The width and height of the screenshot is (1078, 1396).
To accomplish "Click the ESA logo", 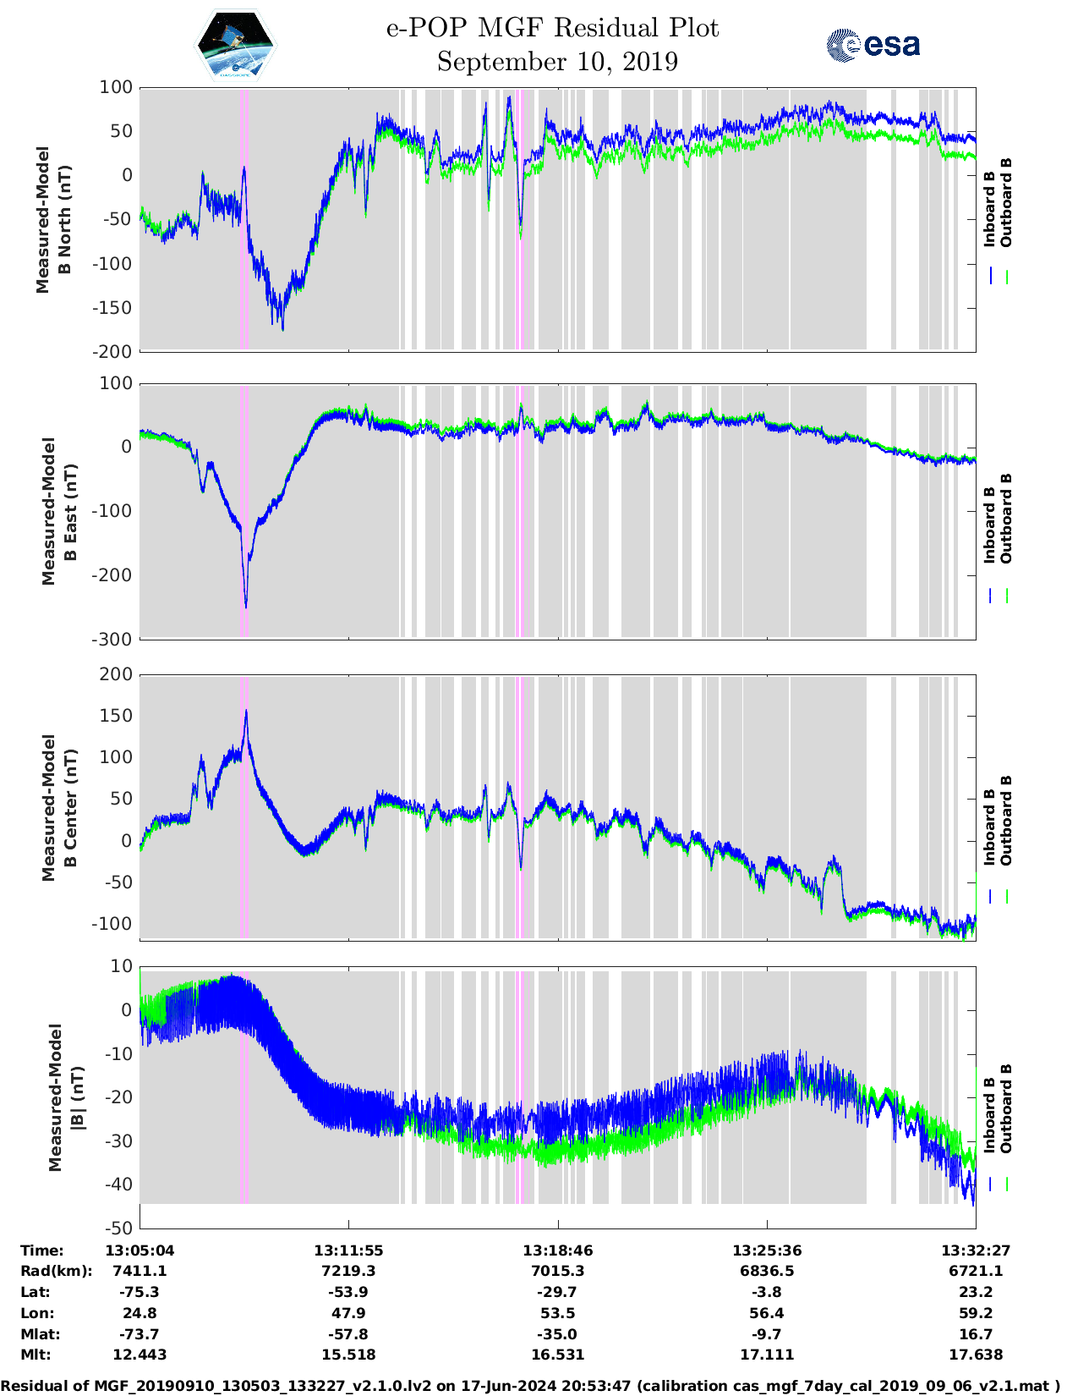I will click(873, 45).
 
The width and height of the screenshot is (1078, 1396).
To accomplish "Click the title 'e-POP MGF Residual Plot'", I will click(552, 28).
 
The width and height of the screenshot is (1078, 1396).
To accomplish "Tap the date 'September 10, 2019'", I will click(557, 62).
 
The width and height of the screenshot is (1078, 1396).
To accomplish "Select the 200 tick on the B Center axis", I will click(117, 674).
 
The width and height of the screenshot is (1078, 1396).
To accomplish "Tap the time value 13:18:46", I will click(557, 1250).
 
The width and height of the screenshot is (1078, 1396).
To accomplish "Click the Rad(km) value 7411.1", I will click(140, 1271).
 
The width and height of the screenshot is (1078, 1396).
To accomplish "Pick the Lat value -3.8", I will click(767, 1292).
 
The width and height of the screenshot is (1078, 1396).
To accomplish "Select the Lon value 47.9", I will click(348, 1313).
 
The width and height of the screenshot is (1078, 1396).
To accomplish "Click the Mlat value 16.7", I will click(976, 1334).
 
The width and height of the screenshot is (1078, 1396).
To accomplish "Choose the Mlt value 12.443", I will click(140, 1355).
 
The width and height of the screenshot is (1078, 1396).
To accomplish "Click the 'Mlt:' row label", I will click(36, 1355).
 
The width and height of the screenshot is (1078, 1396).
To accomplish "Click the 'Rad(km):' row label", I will click(56, 1271).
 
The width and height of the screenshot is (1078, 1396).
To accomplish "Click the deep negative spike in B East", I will click(246, 606).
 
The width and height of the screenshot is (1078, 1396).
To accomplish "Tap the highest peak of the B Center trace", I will click(246, 711).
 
